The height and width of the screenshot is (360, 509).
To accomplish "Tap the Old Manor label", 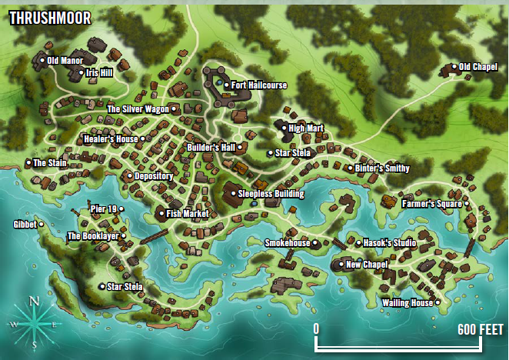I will tap(65, 59).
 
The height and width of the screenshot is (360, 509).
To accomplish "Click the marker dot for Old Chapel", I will tap(454, 67).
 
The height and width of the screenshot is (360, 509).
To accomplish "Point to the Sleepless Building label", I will tap(271, 193).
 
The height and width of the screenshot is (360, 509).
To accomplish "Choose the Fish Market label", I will tap(188, 213).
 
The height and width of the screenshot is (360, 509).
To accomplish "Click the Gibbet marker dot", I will tap(42, 225).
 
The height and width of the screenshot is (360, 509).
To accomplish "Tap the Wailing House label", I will tap(408, 302).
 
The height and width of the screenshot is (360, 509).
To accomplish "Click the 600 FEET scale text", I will tap(480, 329).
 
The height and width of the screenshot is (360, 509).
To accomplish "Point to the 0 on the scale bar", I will tap(315, 329).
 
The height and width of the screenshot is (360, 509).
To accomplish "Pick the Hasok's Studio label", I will tap(389, 243).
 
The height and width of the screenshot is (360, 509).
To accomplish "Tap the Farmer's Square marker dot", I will tap(466, 204).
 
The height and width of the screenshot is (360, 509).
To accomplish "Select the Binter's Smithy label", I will tap(384, 168).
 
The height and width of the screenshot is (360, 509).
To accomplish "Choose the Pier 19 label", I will tap(103, 208).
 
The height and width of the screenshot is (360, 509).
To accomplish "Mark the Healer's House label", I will tap(110, 139).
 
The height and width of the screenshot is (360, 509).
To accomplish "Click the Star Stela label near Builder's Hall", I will tap(293, 153).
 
